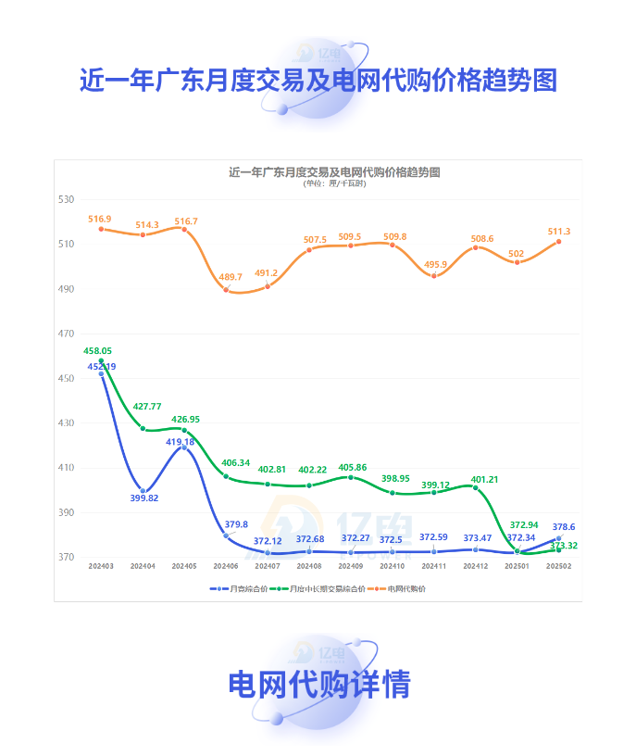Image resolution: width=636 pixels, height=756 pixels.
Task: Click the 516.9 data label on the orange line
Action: (100, 219)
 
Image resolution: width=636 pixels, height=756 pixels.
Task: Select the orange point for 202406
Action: (226, 290)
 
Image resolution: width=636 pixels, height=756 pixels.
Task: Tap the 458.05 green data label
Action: (97, 351)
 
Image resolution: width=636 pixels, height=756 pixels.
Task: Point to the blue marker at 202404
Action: (143, 491)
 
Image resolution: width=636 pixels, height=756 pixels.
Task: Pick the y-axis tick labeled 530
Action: (65, 199)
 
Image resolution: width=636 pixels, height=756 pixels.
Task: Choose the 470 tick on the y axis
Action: (65, 334)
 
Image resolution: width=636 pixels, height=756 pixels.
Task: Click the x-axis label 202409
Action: (351, 566)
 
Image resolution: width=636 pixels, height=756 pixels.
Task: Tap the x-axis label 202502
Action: (558, 566)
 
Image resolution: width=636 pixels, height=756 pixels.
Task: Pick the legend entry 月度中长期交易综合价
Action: (321, 588)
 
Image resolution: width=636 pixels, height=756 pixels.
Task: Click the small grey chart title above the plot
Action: (334, 172)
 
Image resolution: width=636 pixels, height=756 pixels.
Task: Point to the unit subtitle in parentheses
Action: (334, 183)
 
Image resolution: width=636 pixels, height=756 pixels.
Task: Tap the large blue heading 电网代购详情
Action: (319, 685)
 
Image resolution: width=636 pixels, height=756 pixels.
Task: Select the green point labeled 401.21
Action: (476, 487)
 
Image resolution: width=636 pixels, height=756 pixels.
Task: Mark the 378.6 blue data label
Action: (563, 526)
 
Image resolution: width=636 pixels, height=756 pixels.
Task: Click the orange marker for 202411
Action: (434, 276)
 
